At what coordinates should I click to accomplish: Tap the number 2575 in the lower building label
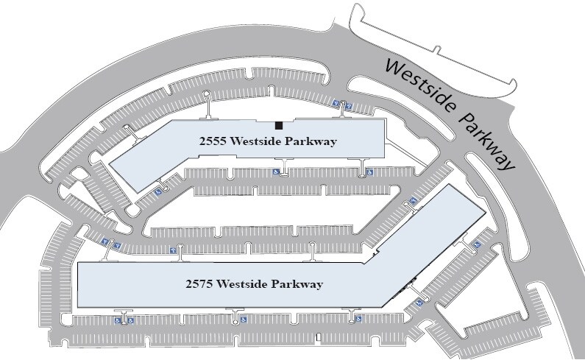coord(202,283)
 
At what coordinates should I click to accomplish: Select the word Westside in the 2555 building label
coord(255,142)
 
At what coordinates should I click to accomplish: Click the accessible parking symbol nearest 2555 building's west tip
coord(157,194)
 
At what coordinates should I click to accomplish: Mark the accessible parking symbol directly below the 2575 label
coord(241,321)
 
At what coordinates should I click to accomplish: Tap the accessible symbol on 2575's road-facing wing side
coord(476,244)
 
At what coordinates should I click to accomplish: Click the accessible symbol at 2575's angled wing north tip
coord(413,200)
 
